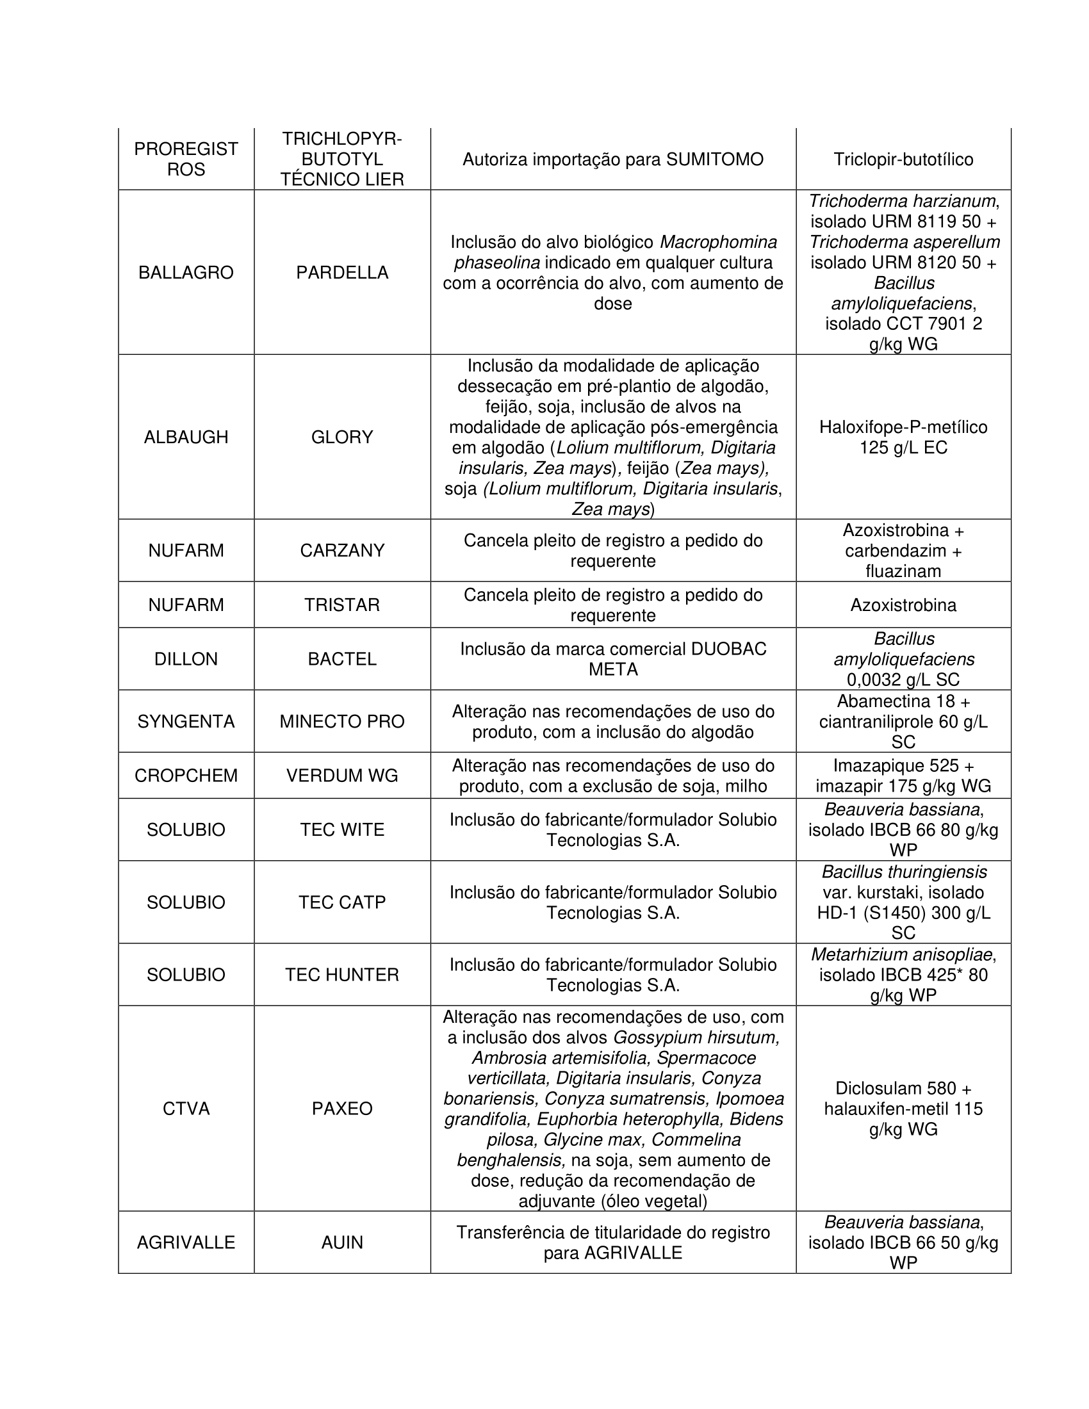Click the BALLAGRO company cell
pyautogui.click(x=186, y=273)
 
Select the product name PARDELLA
pyautogui.click(x=342, y=273)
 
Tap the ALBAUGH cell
pyautogui.click(x=186, y=437)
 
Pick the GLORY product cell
pyautogui.click(x=342, y=437)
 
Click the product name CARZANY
pyautogui.click(x=342, y=550)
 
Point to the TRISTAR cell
pyautogui.click(x=342, y=605)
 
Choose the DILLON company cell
pyautogui.click(x=186, y=658)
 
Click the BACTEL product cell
pyautogui.click(x=342, y=658)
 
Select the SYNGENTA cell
pyautogui.click(x=186, y=721)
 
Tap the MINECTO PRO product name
pyautogui.click(x=342, y=721)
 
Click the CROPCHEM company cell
pyautogui.click(x=186, y=776)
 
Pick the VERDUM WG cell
pyautogui.click(x=342, y=776)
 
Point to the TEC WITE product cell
pyautogui.click(x=342, y=829)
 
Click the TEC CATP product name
pyautogui.click(x=342, y=902)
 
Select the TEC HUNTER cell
pyautogui.click(x=342, y=974)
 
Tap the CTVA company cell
pyautogui.click(x=186, y=1109)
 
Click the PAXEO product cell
pyautogui.click(x=342, y=1109)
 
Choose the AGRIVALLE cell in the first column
pyautogui.click(x=186, y=1242)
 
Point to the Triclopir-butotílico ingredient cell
pyautogui.click(x=903, y=159)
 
